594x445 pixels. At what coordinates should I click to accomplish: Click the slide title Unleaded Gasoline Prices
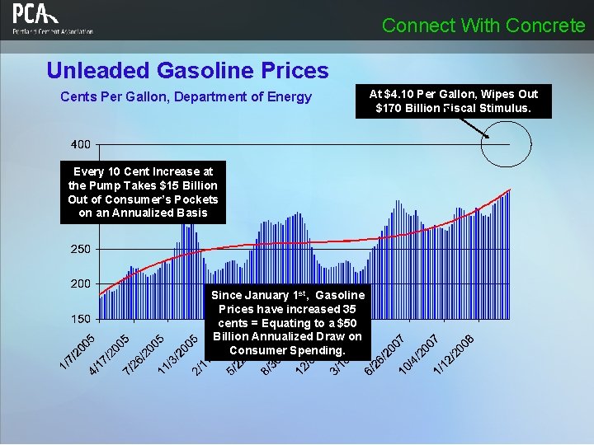coord(187,71)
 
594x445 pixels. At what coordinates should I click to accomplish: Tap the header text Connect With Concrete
coord(483,26)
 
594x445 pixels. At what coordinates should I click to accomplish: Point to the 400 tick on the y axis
coord(81,144)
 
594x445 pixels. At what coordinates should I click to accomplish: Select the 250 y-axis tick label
coord(81,248)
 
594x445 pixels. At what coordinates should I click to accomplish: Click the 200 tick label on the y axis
coord(81,283)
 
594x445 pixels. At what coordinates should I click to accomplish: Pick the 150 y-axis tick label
coord(81,318)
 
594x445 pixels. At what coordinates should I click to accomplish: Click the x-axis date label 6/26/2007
coord(384,353)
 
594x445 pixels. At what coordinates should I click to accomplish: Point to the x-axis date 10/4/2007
coord(418,353)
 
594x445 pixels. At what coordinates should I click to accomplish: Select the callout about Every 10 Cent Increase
coord(143,193)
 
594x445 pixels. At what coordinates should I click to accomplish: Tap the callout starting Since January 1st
coord(287,323)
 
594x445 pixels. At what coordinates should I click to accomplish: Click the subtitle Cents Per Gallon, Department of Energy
coord(186,96)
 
